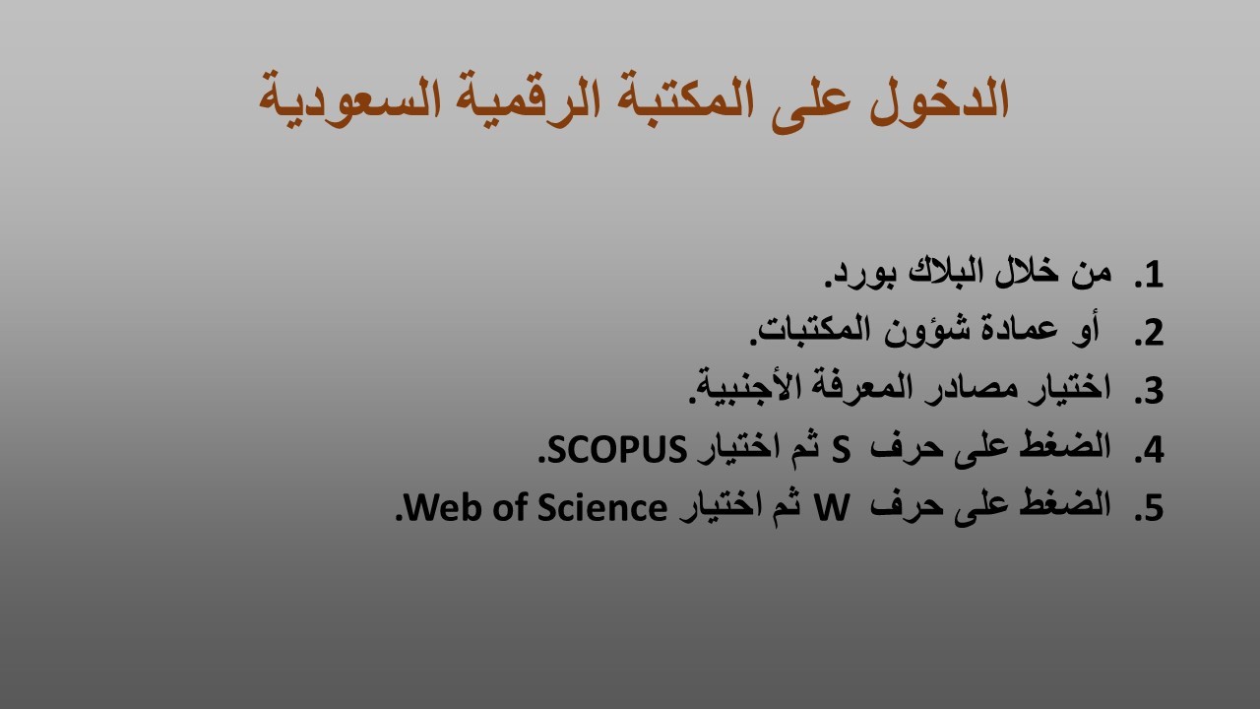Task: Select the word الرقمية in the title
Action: click(526, 102)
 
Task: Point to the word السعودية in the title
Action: click(349, 102)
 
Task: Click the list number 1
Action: click(1149, 275)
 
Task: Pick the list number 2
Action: click(1149, 333)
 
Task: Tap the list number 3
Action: click(1149, 391)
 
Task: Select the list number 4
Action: click(1149, 450)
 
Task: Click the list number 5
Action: click(1149, 508)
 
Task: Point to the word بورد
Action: click(860, 276)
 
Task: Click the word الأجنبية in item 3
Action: click(738, 386)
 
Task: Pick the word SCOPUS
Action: click(613, 449)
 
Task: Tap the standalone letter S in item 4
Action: click(841, 450)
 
